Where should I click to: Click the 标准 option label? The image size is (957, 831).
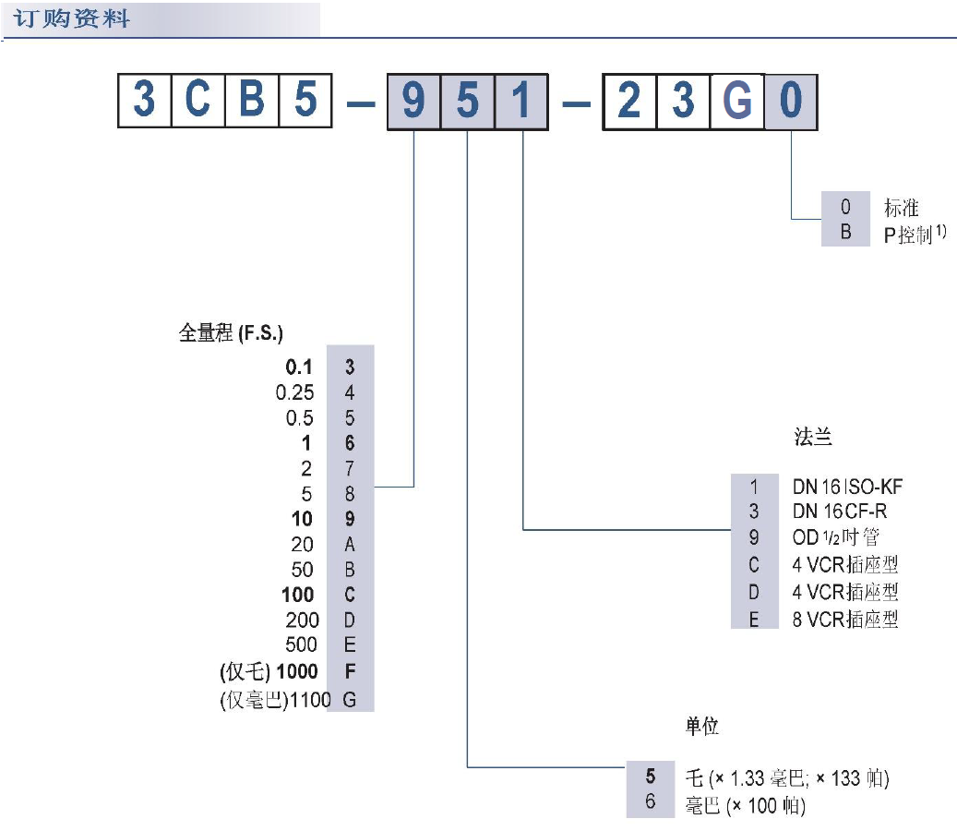coord(901,208)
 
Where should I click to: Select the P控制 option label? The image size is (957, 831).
coord(908,235)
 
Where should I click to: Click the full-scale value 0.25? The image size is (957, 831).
coord(294,392)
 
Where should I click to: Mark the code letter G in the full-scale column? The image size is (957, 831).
coord(350,700)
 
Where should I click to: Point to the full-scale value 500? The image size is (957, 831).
coord(301,644)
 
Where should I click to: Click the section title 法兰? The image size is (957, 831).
coord(813,438)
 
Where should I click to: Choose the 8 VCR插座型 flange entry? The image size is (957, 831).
coord(844,619)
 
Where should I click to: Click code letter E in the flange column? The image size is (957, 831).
coord(754,619)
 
